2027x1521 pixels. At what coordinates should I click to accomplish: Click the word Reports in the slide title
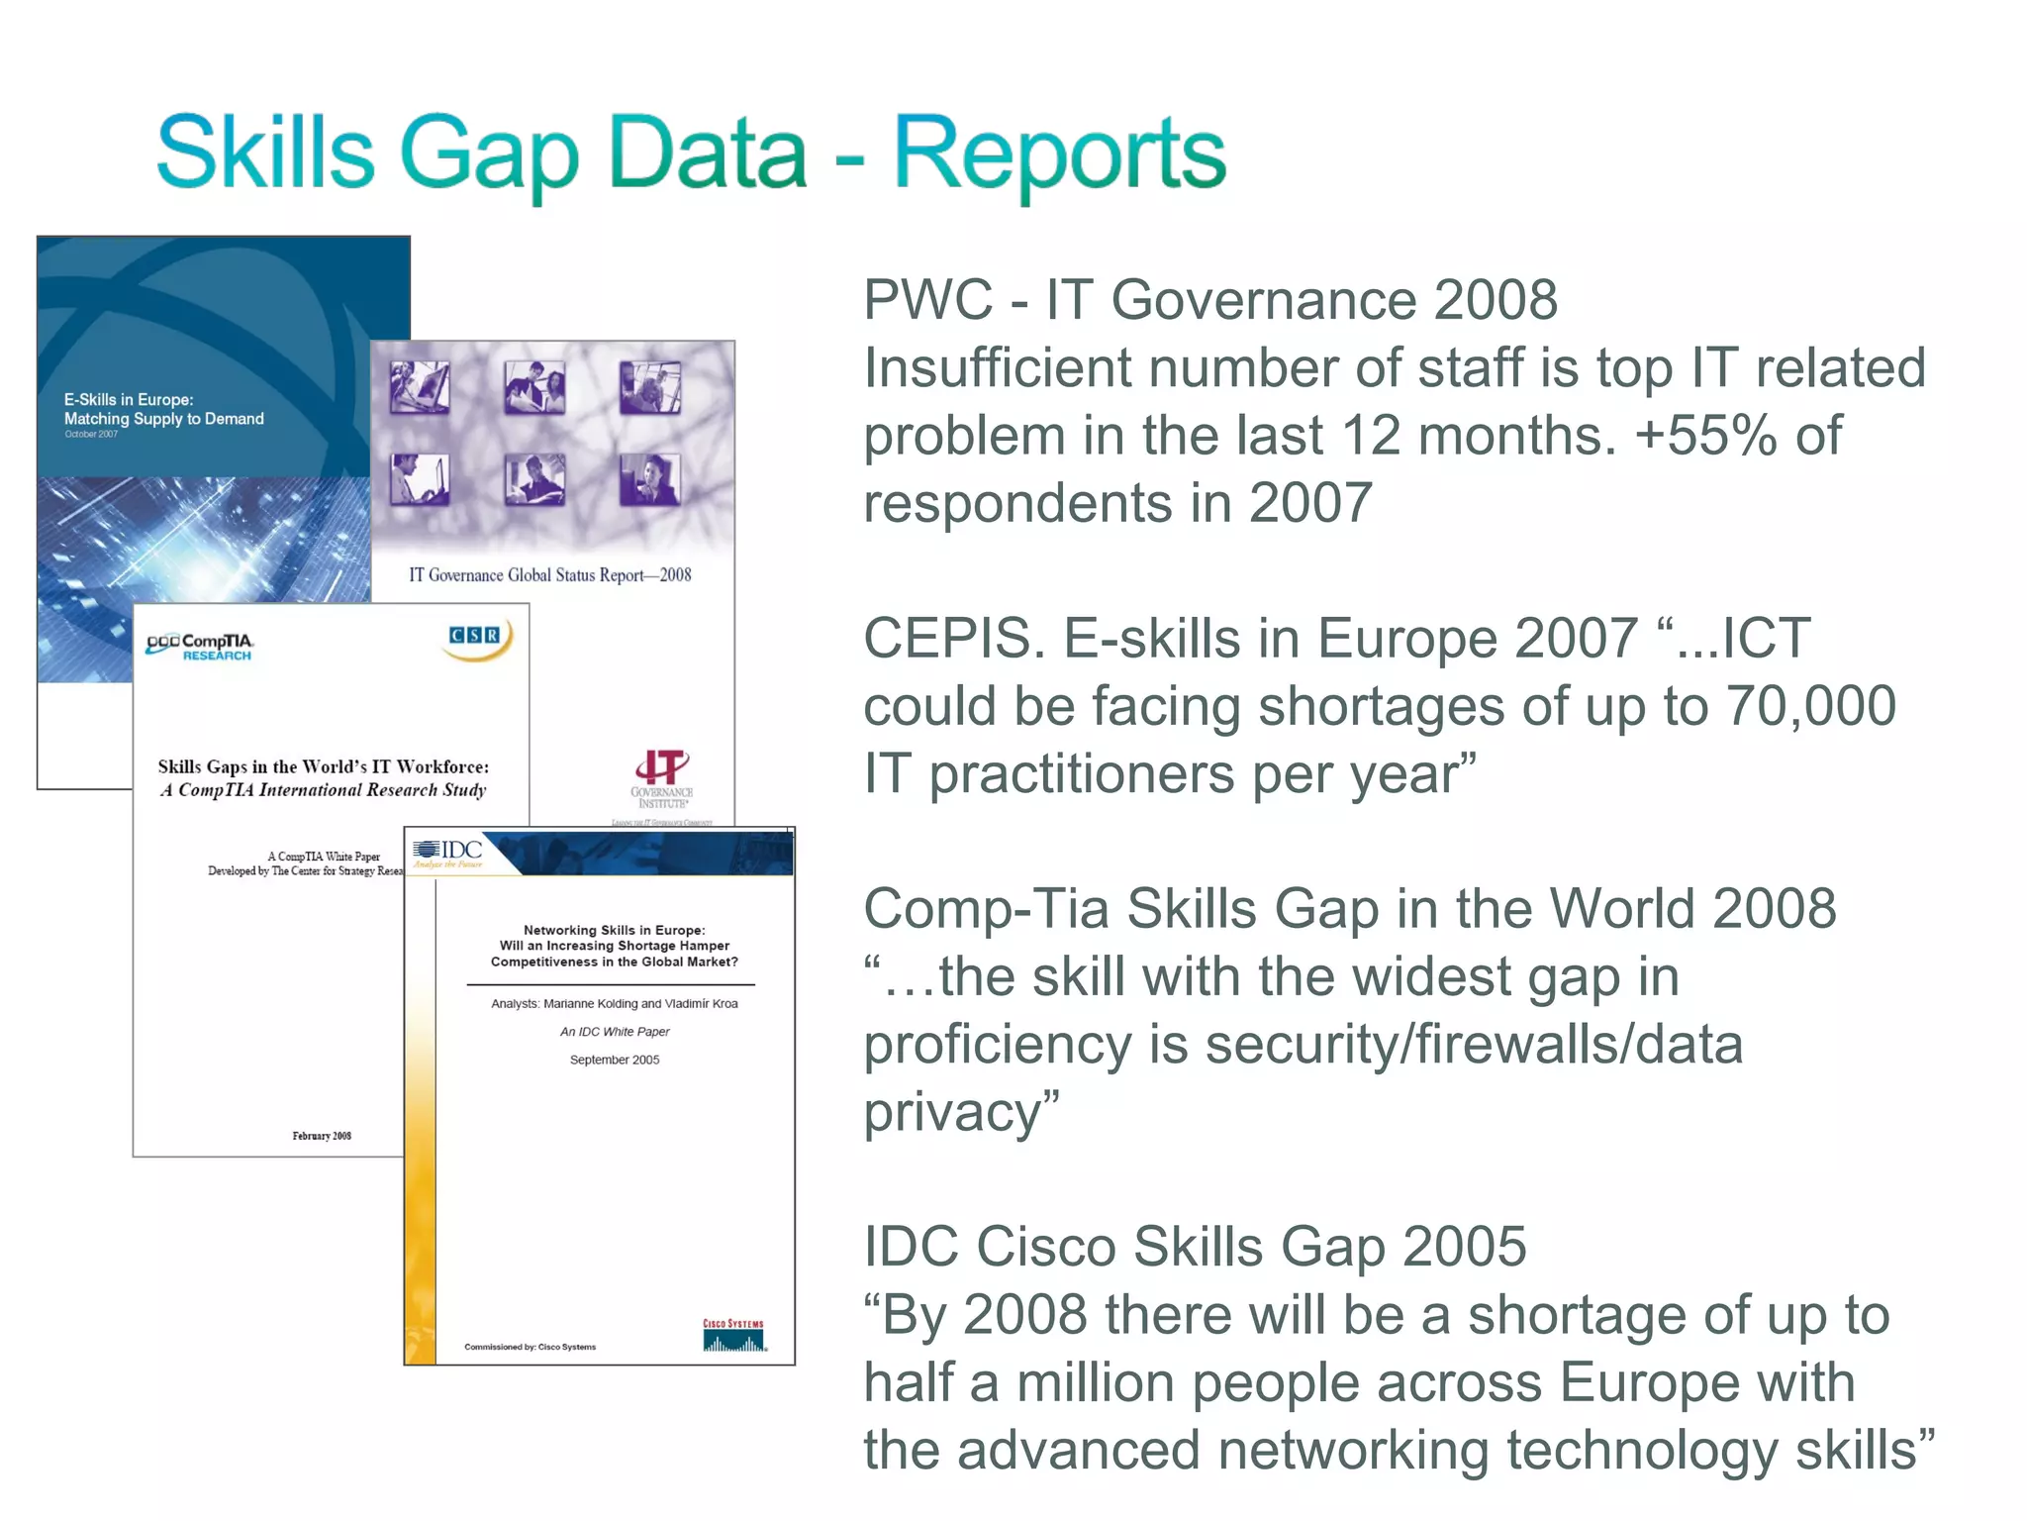[x=1059, y=154]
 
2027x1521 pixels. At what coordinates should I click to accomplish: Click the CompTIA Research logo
[x=200, y=647]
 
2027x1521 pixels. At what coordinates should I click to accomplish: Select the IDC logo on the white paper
[x=448, y=852]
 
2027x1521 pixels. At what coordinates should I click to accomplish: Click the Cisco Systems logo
[x=733, y=1336]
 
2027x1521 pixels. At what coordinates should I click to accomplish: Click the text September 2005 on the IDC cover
[x=615, y=1060]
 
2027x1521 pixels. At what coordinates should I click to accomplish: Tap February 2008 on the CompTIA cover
[x=322, y=1136]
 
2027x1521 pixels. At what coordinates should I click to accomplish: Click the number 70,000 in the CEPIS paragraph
[x=1810, y=706]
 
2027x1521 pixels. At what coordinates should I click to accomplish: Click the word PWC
[x=927, y=300]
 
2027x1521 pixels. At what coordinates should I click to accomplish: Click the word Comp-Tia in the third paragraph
[x=986, y=909]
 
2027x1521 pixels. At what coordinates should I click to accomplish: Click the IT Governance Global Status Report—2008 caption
[x=550, y=575]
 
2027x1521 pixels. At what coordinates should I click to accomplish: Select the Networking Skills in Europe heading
[x=615, y=930]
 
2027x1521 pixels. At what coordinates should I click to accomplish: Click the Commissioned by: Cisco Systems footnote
[x=531, y=1347]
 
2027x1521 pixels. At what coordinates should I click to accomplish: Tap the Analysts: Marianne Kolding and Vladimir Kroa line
[x=615, y=1003]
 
